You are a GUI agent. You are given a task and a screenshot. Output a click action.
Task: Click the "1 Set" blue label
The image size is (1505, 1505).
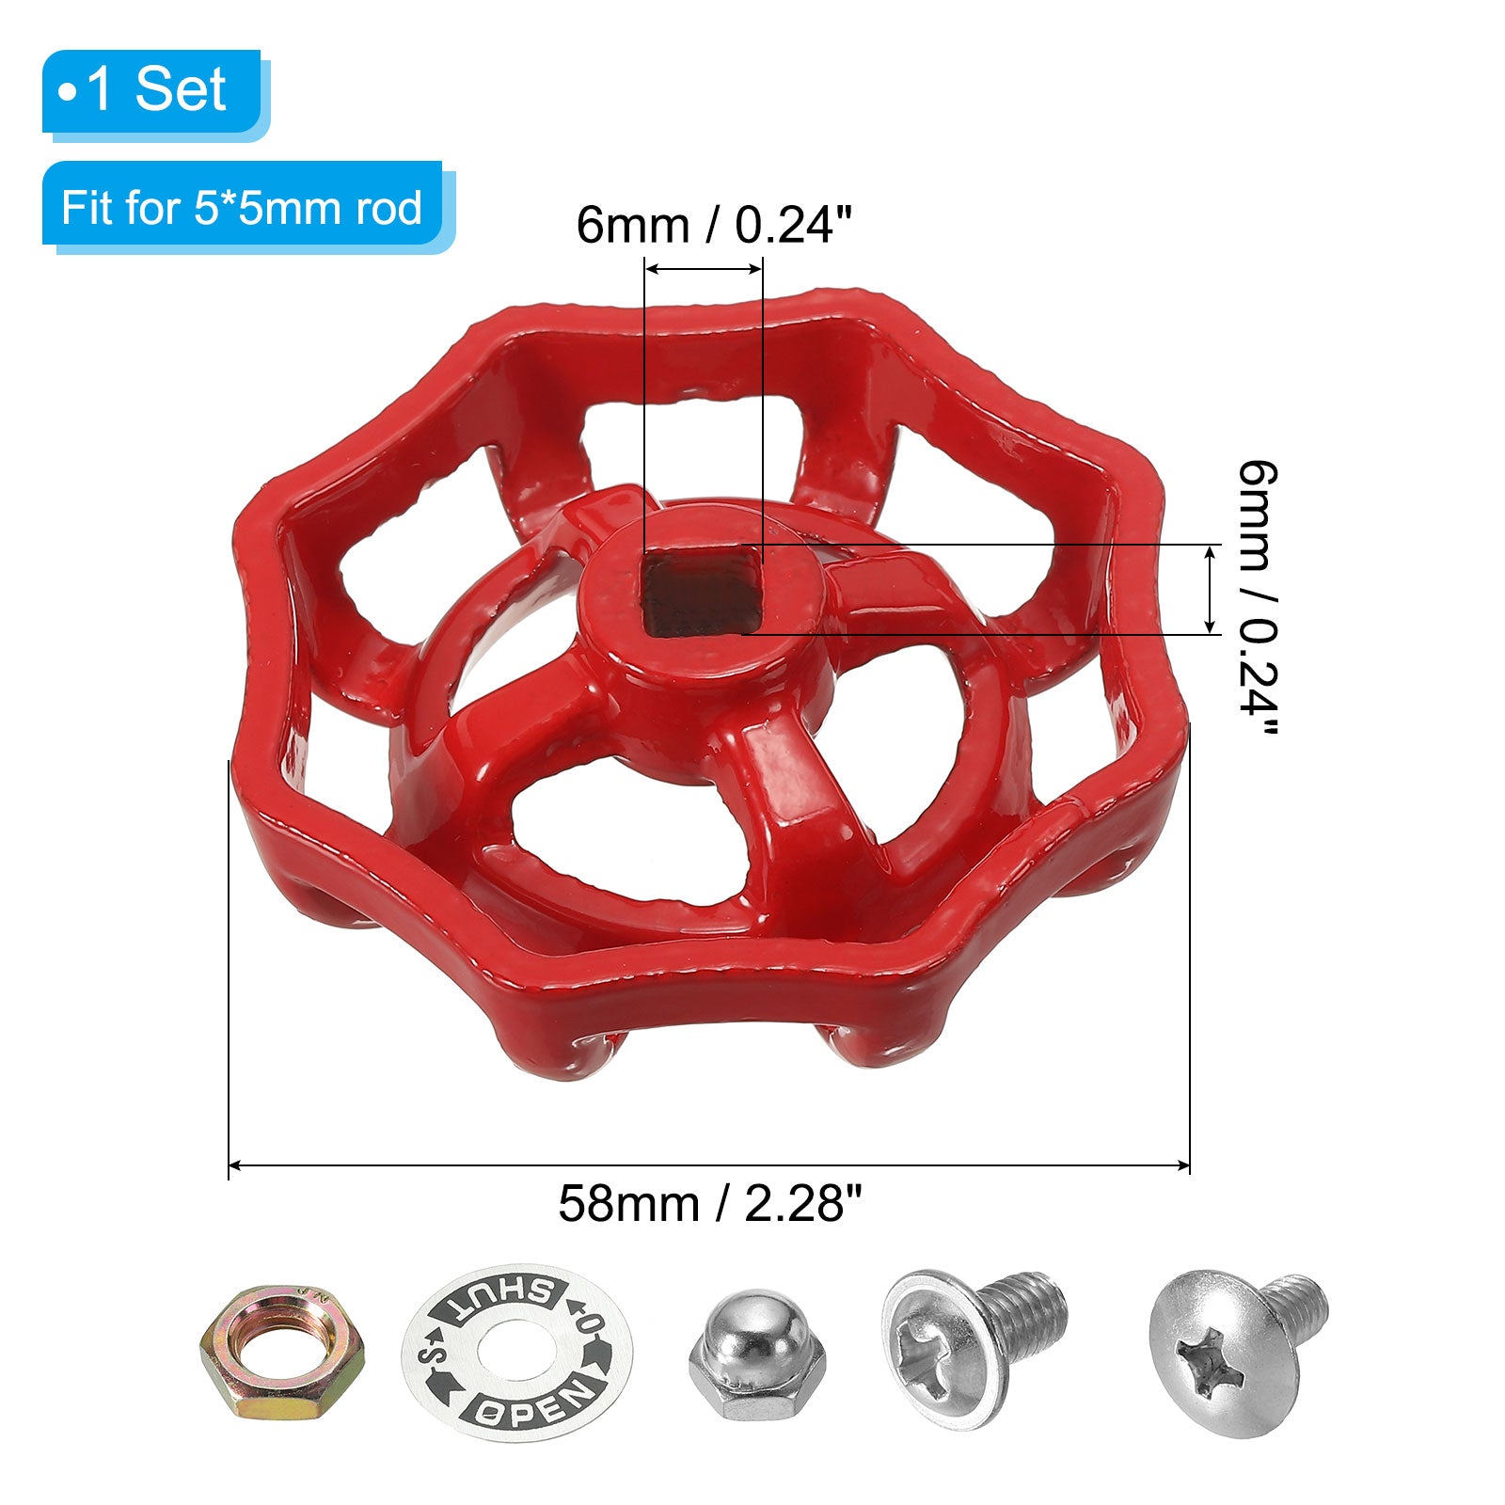(x=151, y=91)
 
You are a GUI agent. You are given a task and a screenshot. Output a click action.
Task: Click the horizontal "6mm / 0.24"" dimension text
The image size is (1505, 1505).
(x=714, y=226)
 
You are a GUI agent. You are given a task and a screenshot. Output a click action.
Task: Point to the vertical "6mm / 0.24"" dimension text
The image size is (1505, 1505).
(x=1258, y=599)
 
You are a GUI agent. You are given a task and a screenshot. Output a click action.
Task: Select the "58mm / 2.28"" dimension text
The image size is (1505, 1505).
(x=710, y=1203)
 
